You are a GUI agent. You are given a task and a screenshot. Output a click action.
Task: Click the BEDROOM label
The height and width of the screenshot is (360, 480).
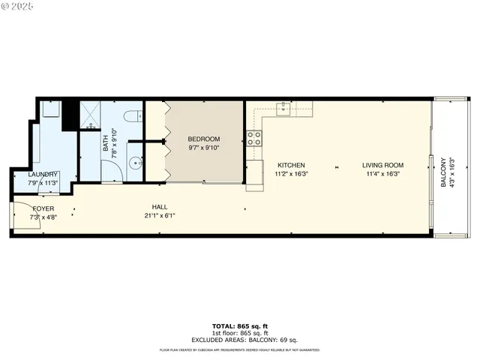click(x=203, y=139)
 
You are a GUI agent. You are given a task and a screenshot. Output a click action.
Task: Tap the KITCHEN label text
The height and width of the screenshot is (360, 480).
click(x=291, y=165)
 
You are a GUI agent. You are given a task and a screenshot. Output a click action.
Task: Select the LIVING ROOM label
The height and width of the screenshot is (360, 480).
click(x=382, y=165)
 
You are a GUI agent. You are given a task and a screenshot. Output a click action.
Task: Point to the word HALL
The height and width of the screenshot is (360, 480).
click(x=159, y=207)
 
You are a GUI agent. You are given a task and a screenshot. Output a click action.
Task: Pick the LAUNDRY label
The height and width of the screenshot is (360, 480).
click(x=43, y=175)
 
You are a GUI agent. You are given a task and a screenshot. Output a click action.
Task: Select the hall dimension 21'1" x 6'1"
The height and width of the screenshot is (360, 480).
click(x=159, y=215)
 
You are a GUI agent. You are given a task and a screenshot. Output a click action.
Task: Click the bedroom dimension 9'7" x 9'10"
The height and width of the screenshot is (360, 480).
click(x=203, y=148)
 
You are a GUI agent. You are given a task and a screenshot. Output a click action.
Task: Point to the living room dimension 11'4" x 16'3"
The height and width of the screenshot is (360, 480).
click(x=382, y=174)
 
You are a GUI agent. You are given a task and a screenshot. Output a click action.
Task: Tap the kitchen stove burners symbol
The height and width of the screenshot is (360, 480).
click(x=254, y=138)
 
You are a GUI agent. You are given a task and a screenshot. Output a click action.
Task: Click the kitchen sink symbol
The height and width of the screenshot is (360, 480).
click(x=284, y=109)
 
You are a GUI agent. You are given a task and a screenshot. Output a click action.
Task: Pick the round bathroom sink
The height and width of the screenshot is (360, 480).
click(x=134, y=163)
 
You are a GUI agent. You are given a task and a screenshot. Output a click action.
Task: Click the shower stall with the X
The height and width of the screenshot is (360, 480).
click(x=93, y=114)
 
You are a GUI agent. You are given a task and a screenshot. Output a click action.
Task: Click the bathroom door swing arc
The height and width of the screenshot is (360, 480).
click(x=112, y=171)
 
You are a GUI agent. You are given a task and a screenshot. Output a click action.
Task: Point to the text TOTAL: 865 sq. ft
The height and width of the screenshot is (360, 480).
click(x=239, y=325)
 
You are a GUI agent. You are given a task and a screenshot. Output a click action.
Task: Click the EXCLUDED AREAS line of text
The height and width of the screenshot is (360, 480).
click(x=239, y=340)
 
